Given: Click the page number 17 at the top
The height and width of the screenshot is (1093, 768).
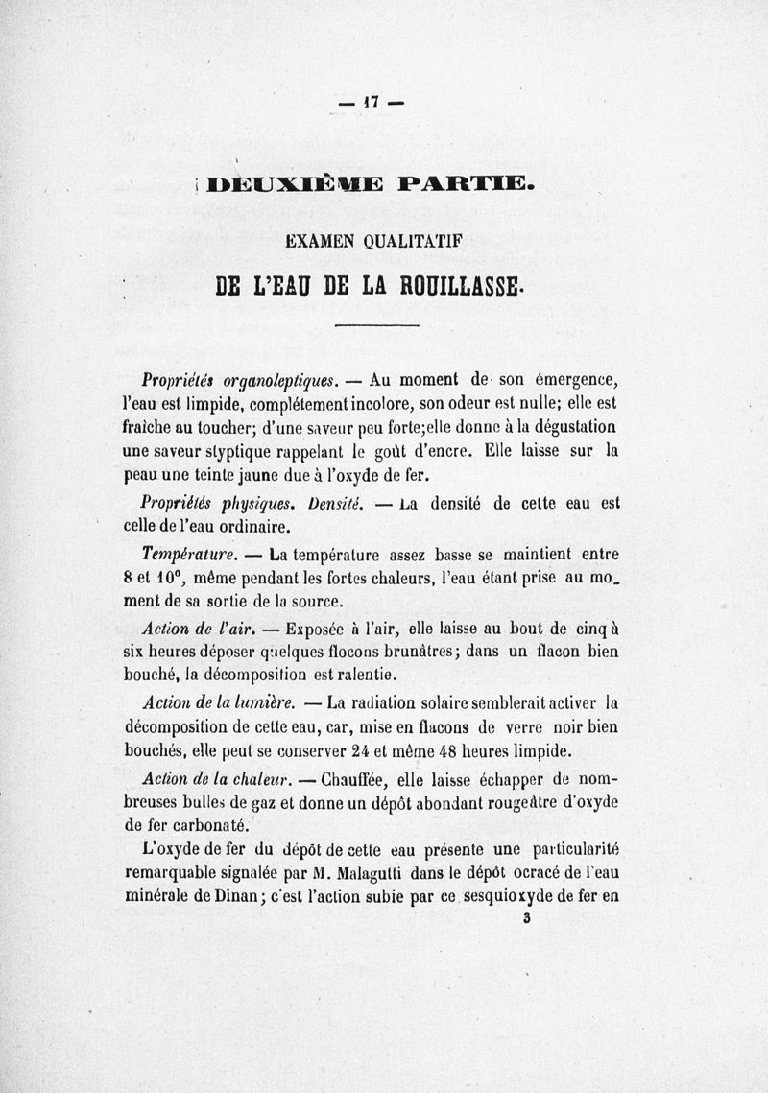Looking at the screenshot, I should (x=370, y=100).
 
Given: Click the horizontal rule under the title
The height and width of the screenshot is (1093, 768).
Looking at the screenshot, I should (x=377, y=327).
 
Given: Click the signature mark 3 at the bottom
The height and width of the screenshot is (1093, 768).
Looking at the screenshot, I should (x=527, y=919).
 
